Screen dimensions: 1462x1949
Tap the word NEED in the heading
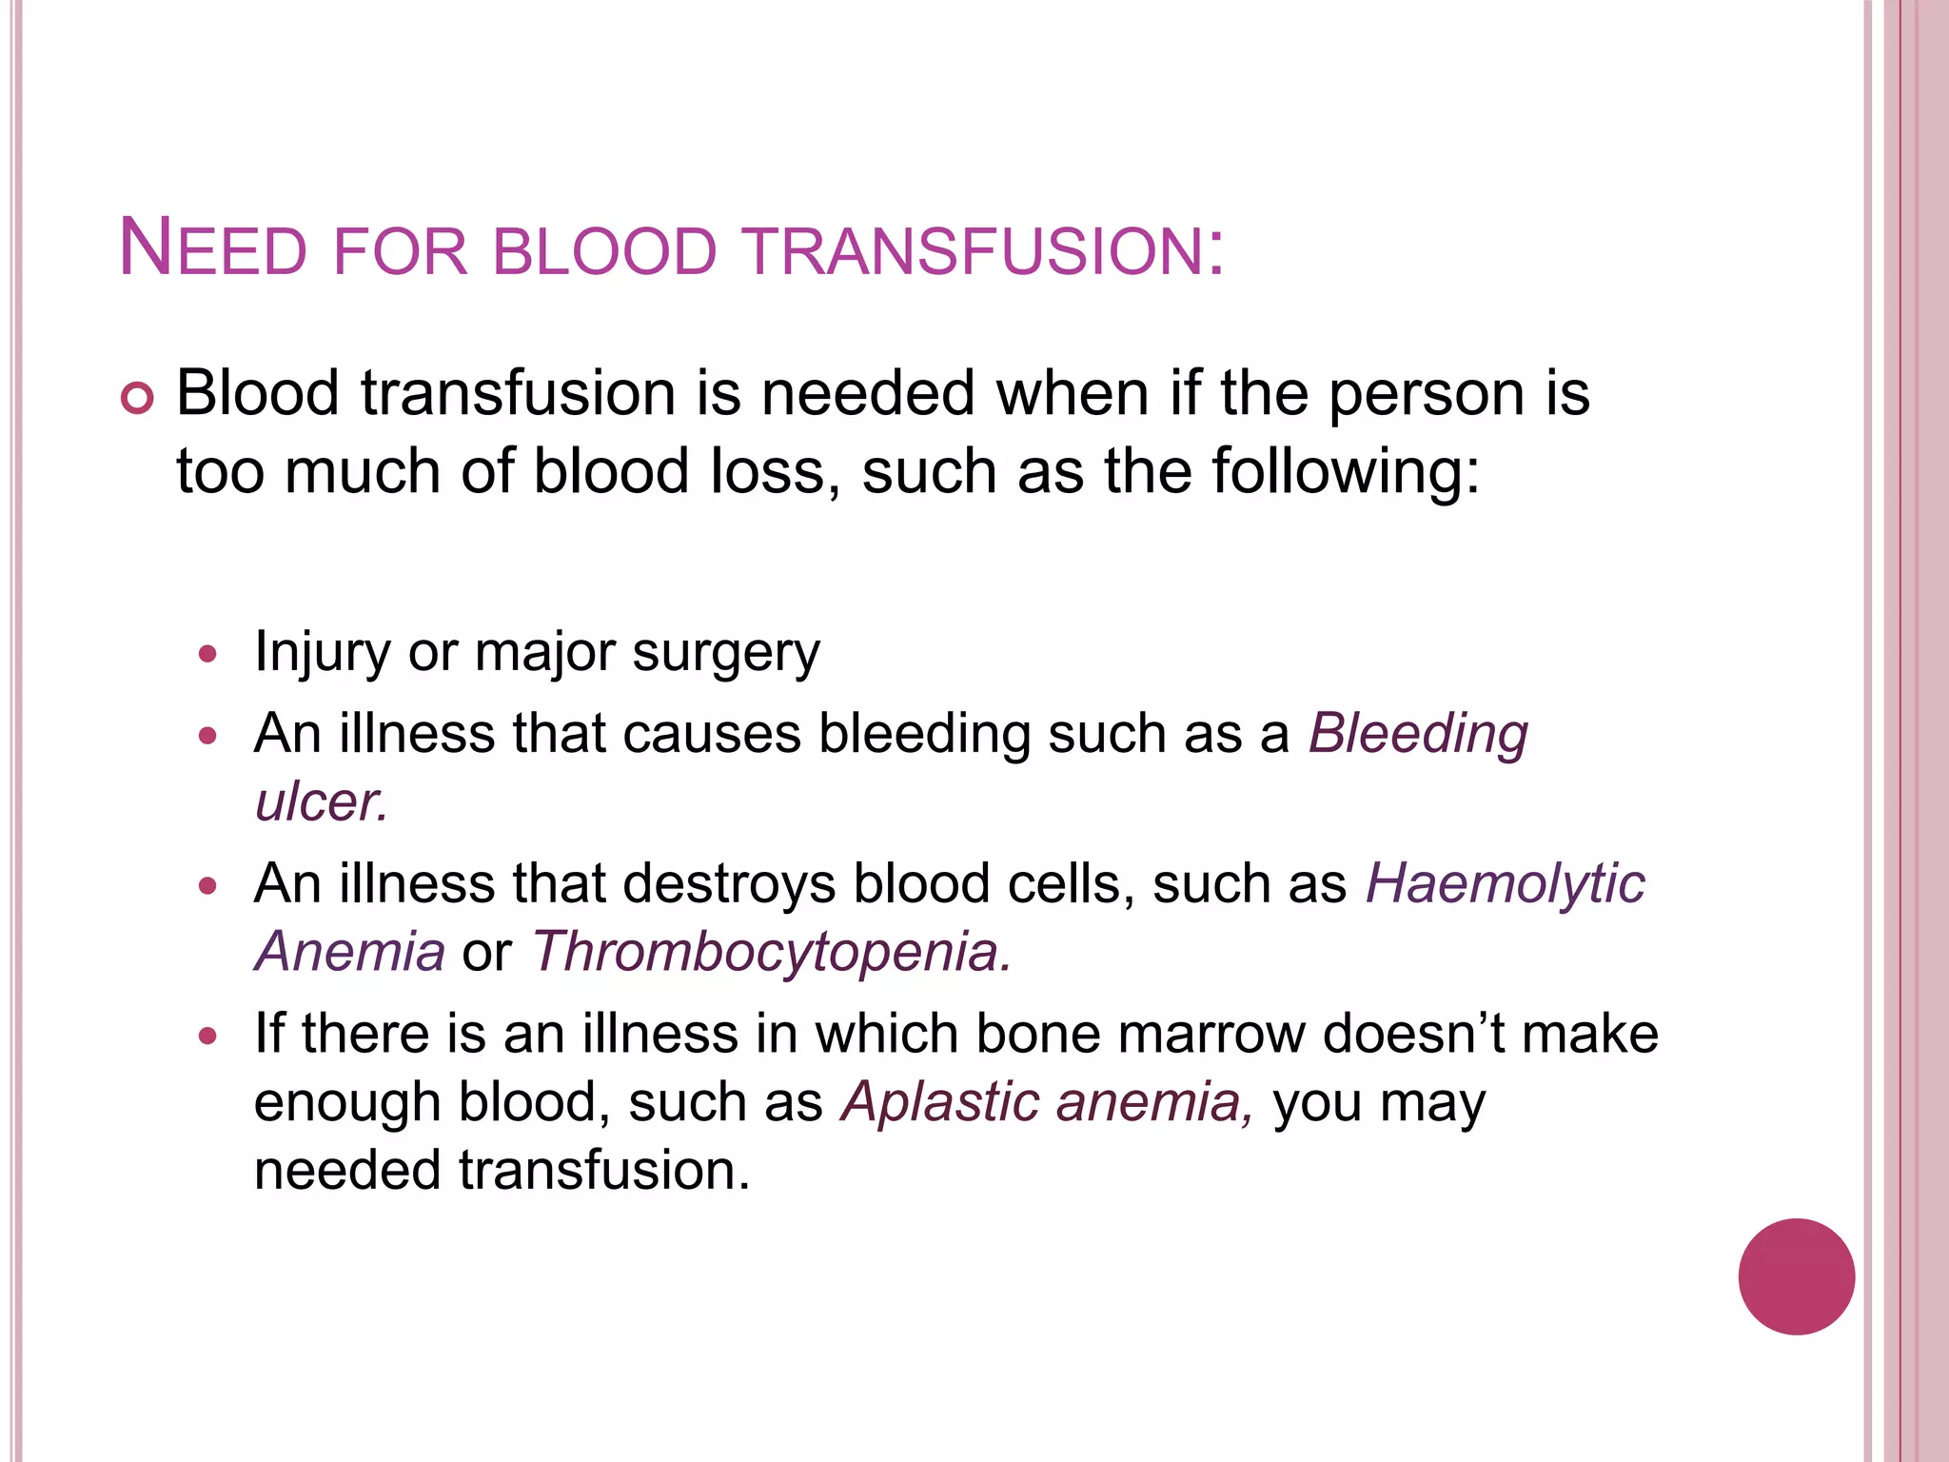click(212, 249)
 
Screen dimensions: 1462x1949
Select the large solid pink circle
click(1796, 1276)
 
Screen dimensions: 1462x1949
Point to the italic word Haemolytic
click(1505, 883)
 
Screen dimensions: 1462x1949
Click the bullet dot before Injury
click(208, 654)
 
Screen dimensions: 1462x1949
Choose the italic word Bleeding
click(1418, 735)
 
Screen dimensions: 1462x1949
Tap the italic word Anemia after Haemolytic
click(349, 951)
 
